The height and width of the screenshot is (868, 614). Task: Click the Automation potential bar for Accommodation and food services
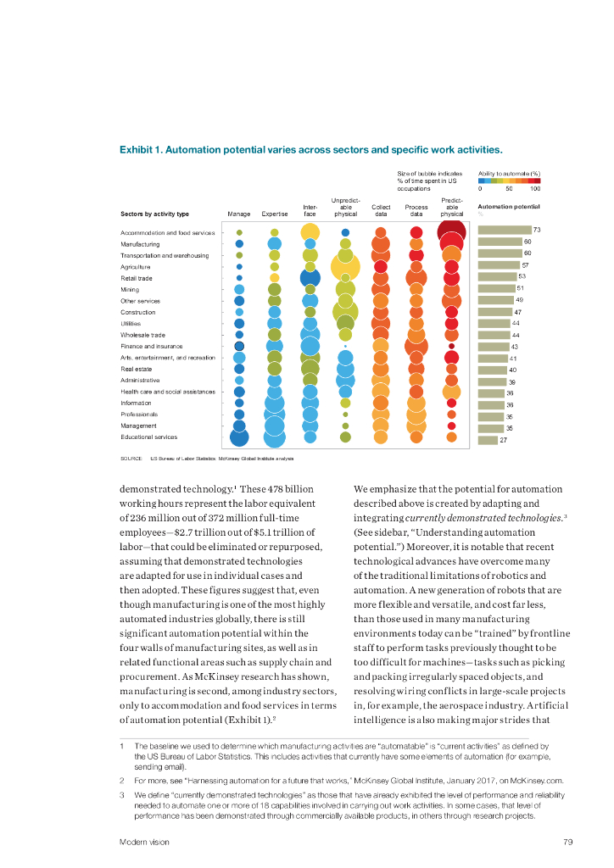(505, 230)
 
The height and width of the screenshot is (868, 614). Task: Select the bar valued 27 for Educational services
(488, 440)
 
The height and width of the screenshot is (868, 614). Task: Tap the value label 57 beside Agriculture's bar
(525, 265)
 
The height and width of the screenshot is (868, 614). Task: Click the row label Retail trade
(137, 277)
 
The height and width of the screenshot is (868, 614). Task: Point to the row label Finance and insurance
(151, 346)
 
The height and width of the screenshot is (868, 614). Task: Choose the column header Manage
(238, 214)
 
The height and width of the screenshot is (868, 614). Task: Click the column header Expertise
(275, 214)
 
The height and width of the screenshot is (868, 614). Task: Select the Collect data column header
(381, 210)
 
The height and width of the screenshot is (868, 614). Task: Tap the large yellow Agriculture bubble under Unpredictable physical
(345, 267)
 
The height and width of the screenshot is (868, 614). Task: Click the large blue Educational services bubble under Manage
(239, 437)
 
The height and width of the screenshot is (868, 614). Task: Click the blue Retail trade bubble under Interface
(310, 277)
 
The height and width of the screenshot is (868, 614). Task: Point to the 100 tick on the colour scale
(534, 189)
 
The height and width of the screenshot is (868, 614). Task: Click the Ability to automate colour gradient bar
(510, 180)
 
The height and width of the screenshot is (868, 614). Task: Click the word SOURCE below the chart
(131, 458)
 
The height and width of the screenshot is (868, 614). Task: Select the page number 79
(568, 842)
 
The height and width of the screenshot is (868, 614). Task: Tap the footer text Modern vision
(143, 842)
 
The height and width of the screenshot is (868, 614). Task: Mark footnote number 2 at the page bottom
(123, 780)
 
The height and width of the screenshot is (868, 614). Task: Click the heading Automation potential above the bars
(509, 206)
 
